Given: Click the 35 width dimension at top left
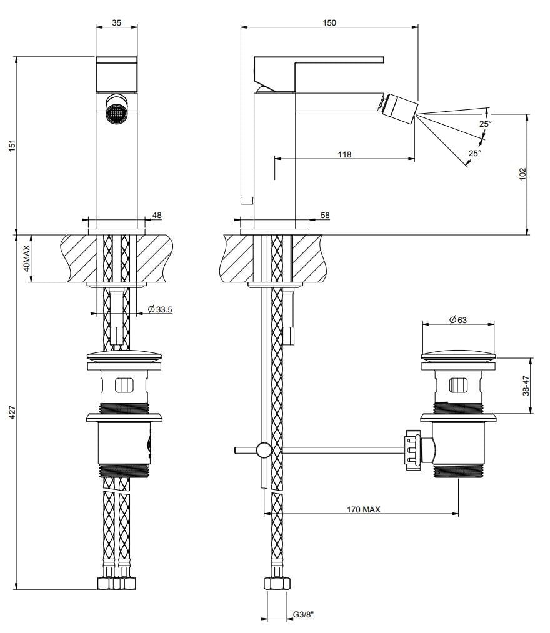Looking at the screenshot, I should [117, 22].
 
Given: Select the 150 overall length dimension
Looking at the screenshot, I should [329, 22].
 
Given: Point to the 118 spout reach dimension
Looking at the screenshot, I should [344, 154].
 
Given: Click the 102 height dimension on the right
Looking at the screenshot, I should [523, 173].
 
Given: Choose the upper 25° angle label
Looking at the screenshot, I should [485, 124].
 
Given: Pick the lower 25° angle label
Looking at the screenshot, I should [474, 153].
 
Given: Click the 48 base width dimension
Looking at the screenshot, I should [157, 215].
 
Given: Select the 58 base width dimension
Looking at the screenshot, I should [324, 215].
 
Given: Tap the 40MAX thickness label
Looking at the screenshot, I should [26, 258].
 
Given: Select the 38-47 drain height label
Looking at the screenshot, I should [526, 386].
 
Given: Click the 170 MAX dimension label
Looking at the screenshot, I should [364, 510].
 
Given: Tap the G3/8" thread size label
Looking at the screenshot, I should [303, 615].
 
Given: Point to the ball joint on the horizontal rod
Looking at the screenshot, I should [264, 449].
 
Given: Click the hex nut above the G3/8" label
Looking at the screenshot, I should [277, 584].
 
